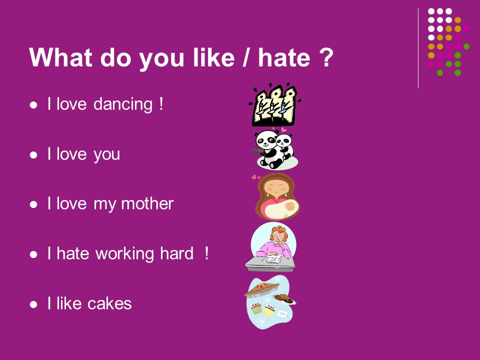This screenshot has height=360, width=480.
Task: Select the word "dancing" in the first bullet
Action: (123, 104)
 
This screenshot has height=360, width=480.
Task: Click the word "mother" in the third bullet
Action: (147, 203)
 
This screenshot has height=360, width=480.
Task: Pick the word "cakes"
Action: (109, 303)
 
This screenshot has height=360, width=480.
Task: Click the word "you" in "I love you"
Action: (106, 155)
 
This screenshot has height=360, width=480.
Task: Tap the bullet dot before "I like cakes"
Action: (33, 304)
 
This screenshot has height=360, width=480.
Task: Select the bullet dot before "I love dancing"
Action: (33, 105)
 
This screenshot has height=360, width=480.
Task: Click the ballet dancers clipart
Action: (274, 105)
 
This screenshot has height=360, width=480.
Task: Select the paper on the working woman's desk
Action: (272, 259)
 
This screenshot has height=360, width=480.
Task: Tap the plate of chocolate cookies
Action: (284, 298)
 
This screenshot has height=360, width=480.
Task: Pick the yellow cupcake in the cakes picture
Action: (269, 310)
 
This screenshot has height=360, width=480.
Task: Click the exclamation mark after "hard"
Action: (207, 253)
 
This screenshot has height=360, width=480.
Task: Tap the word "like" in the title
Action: (213, 57)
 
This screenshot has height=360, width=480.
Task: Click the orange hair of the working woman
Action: (278, 232)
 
